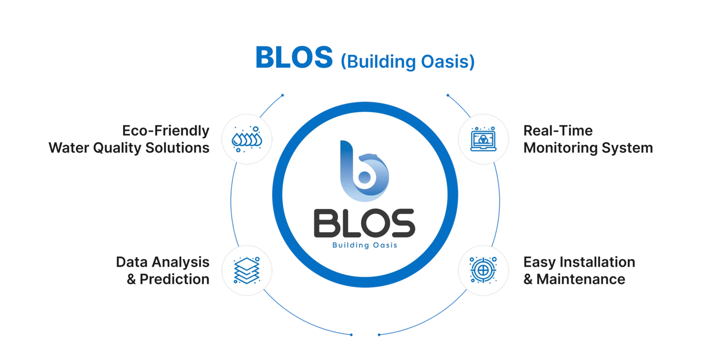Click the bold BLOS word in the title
tap(294, 57)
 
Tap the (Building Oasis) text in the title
tap(408, 62)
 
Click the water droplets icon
tap(247, 139)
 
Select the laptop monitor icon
tap(483, 139)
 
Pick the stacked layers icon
tap(247, 270)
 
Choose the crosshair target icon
tap(483, 270)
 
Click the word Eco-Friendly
tap(166, 131)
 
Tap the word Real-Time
tap(558, 131)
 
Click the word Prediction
tap(174, 279)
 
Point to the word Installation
tap(597, 262)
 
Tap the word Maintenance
tap(581, 279)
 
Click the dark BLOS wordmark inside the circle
tap(365, 223)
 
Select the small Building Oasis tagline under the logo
tap(365, 245)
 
